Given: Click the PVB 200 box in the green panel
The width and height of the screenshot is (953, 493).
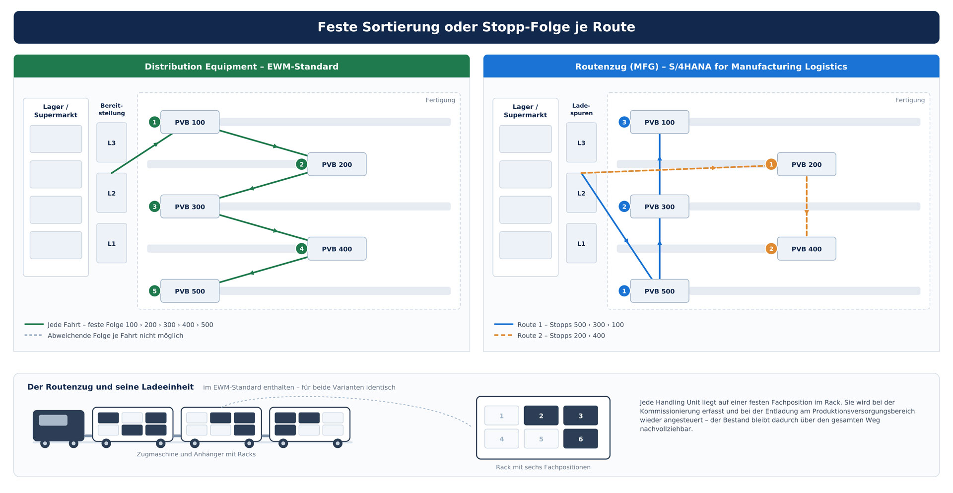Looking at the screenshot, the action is coord(337,164).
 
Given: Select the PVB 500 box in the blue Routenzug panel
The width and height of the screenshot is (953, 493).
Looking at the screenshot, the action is coord(659,291).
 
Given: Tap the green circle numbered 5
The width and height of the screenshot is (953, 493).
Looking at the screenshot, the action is coord(154,291).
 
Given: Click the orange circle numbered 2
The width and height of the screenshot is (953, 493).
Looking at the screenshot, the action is coord(771,249).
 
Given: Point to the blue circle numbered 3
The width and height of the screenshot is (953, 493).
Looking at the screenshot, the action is coord(624,122).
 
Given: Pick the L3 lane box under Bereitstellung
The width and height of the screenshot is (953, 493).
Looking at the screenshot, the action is coord(112,142).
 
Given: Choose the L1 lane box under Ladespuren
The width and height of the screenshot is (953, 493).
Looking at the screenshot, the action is coord(581,243).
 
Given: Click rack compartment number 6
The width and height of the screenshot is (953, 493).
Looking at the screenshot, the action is coord(580,439).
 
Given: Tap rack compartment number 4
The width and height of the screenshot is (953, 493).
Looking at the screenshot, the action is coord(501,439).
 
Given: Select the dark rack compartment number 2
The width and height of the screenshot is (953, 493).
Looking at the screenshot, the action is coord(541,416).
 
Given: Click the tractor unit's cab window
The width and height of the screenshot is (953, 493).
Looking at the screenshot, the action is coord(53,420).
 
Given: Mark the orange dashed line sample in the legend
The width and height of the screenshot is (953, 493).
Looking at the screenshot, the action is coord(503,336).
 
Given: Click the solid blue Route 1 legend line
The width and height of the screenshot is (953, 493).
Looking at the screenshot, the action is coord(503,325).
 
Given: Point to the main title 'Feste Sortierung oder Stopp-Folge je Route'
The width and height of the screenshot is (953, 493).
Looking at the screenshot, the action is coord(476,27).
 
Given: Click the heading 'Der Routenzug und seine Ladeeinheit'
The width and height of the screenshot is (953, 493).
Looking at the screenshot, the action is coord(110,387).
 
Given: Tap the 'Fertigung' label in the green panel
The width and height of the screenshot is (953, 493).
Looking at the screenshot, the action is coord(440,100).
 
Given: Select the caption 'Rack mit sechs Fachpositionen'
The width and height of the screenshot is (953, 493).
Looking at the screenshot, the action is coord(543,467).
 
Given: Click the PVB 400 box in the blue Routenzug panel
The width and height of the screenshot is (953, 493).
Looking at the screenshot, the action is coord(807,249).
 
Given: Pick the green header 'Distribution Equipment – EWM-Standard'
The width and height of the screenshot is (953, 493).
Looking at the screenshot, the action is coord(242,67).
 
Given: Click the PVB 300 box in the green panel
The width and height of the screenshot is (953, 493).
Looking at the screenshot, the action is coord(190,207).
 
